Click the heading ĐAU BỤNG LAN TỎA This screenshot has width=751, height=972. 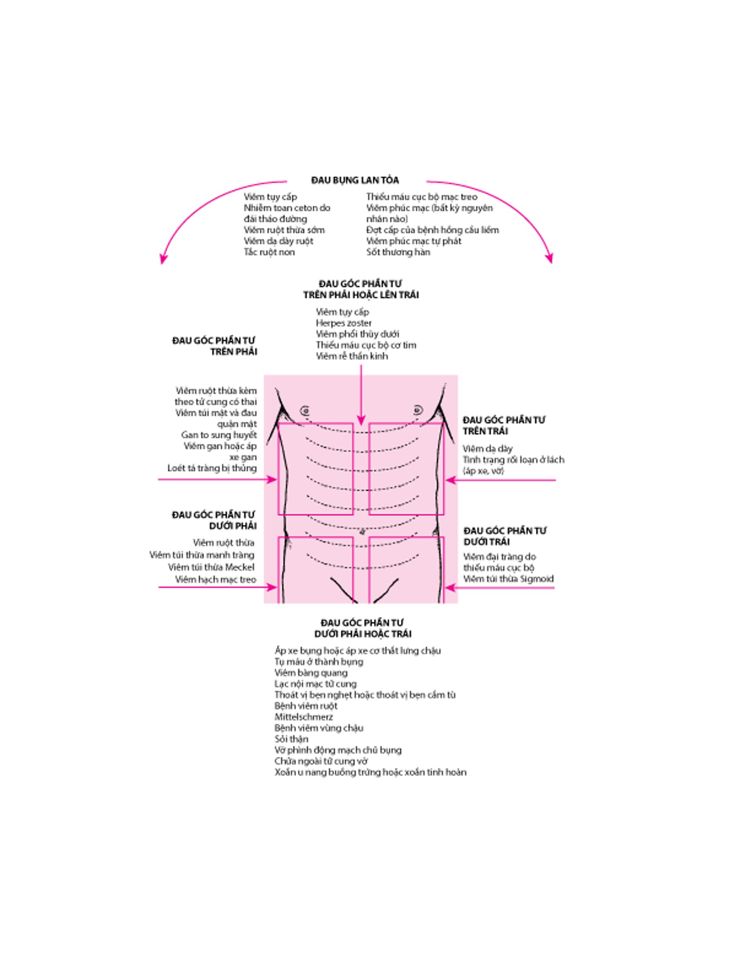pyautogui.click(x=355, y=180)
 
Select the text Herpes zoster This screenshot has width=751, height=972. pyautogui.click(x=343, y=323)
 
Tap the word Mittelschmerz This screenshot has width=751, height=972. pyautogui.click(x=304, y=717)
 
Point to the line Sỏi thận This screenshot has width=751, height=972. pyautogui.click(x=291, y=739)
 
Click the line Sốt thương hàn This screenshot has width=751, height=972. pyautogui.click(x=398, y=252)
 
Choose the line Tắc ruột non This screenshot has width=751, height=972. pyautogui.click(x=269, y=252)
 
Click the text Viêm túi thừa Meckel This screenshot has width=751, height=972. pyautogui.click(x=211, y=567)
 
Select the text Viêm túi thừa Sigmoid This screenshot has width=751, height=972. pyautogui.click(x=508, y=579)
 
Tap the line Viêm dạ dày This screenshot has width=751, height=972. pyautogui.click(x=487, y=448)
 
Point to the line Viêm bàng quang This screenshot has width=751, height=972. pyautogui.click(x=311, y=673)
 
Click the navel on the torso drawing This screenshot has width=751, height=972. pyautogui.click(x=361, y=531)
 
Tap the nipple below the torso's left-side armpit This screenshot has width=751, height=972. pyautogui.click(x=305, y=410)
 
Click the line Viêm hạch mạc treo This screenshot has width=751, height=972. pyautogui.click(x=216, y=580)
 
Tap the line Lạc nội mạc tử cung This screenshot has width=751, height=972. pyautogui.click(x=315, y=684)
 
